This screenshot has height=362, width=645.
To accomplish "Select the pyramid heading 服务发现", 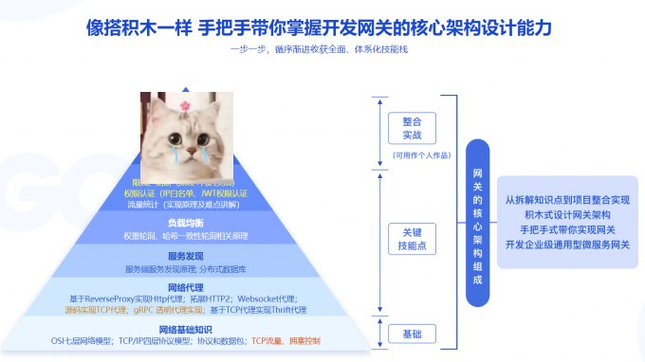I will (x=186, y=255).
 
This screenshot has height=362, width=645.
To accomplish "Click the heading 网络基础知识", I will (x=185, y=328).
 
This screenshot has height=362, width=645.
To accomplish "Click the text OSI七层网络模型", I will (x=83, y=339).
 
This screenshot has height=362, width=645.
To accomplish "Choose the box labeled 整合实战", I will (x=412, y=128).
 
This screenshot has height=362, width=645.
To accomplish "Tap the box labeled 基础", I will (x=412, y=333).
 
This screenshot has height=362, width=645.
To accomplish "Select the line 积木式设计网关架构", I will (x=567, y=215).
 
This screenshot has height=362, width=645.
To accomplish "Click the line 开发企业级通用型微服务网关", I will (x=567, y=244).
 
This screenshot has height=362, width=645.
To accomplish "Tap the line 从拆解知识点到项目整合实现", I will (x=567, y=200).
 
